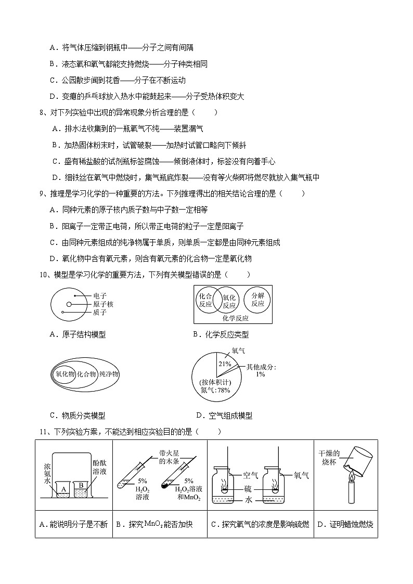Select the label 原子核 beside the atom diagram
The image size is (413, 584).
[x=103, y=304]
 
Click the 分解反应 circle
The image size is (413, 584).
[x=257, y=300]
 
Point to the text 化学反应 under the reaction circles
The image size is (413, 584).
[x=235, y=318]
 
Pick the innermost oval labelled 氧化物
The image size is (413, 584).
[x=65, y=374]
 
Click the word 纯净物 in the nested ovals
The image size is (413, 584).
[x=109, y=374]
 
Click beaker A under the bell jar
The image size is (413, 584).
[x=63, y=489]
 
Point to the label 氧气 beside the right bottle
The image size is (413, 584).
[x=302, y=475]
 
